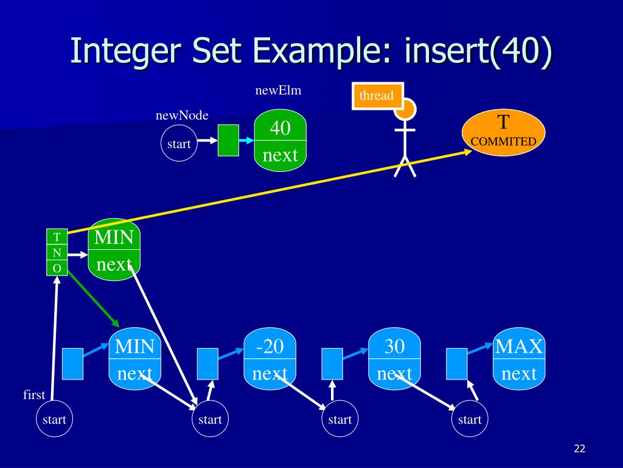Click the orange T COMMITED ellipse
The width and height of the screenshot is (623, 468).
[503, 132]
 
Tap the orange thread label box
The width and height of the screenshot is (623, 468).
[377, 96]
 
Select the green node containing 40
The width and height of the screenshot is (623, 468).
[280, 140]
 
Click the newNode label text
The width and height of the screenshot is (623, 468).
[182, 115]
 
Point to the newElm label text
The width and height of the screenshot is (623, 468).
[278, 90]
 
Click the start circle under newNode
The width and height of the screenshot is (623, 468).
[179, 143]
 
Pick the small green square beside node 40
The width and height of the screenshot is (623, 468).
[229, 140]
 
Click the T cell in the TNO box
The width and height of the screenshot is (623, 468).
[57, 237]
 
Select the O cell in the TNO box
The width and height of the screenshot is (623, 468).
[57, 268]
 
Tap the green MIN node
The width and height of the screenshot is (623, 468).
[114, 250]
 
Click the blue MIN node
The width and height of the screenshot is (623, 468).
[134, 358]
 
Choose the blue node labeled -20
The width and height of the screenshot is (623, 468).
[270, 358]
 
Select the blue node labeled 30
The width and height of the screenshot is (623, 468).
[394, 358]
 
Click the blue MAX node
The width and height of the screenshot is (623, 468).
[519, 358]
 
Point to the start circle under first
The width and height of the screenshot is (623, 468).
[54, 418]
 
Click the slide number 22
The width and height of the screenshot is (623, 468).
[580, 448]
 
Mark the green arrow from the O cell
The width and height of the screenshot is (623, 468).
[93, 299]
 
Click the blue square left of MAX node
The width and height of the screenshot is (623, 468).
[456, 364]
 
